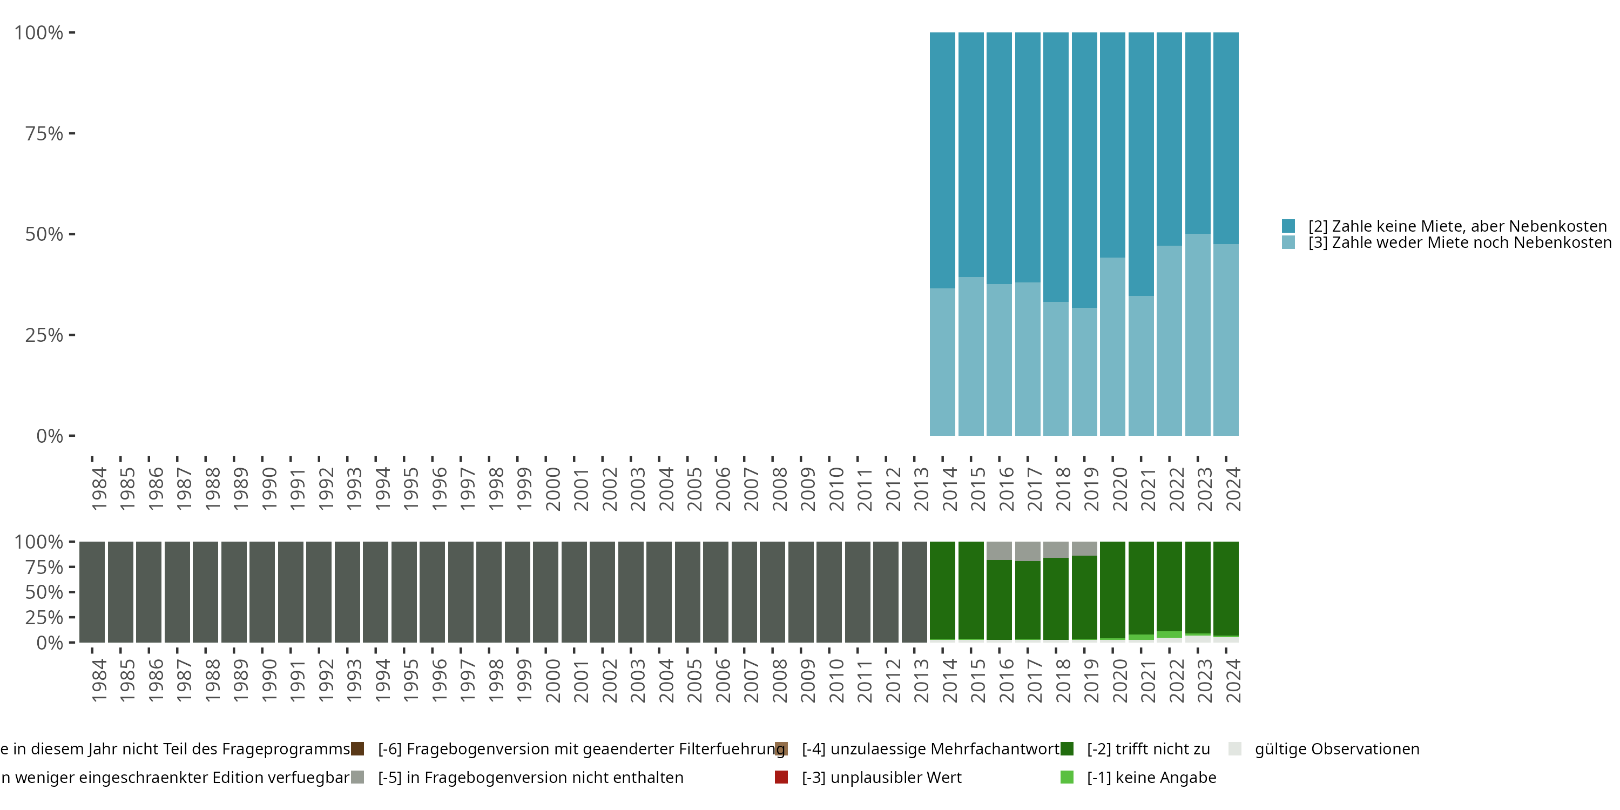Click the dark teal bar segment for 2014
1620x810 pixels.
942,160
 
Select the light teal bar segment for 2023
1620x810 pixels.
1197,335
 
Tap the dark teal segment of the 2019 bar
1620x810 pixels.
1084,170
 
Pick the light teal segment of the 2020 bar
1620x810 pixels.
1112,346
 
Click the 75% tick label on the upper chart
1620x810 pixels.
44,133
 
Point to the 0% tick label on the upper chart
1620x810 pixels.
50,436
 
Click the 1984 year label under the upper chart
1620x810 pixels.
99,489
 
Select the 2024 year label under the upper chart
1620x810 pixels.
1233,489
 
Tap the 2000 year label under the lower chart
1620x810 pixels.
553,680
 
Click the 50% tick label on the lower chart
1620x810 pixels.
44,592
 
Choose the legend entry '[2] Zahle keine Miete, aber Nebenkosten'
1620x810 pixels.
1456,226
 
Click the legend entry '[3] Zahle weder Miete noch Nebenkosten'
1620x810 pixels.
1456,242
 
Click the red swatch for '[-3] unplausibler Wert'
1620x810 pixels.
781,777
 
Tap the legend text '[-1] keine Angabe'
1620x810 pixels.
1151,777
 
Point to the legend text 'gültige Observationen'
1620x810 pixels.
1337,749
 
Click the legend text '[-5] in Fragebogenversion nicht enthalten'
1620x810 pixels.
530,777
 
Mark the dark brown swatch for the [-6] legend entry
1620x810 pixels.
357,749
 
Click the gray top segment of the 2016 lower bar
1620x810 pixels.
998,550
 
